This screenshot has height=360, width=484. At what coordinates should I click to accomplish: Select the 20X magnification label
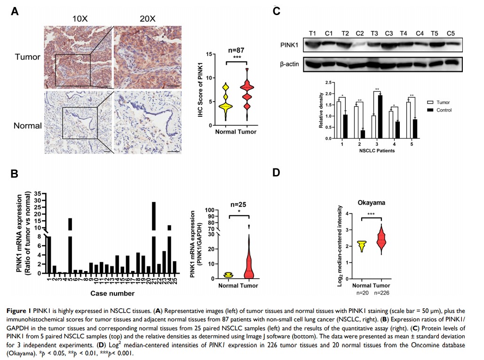147,19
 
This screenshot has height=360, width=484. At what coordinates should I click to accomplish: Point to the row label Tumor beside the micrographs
28,56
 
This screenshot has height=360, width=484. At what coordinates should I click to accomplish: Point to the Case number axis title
112,294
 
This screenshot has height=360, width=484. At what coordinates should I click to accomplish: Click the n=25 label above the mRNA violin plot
238,205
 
